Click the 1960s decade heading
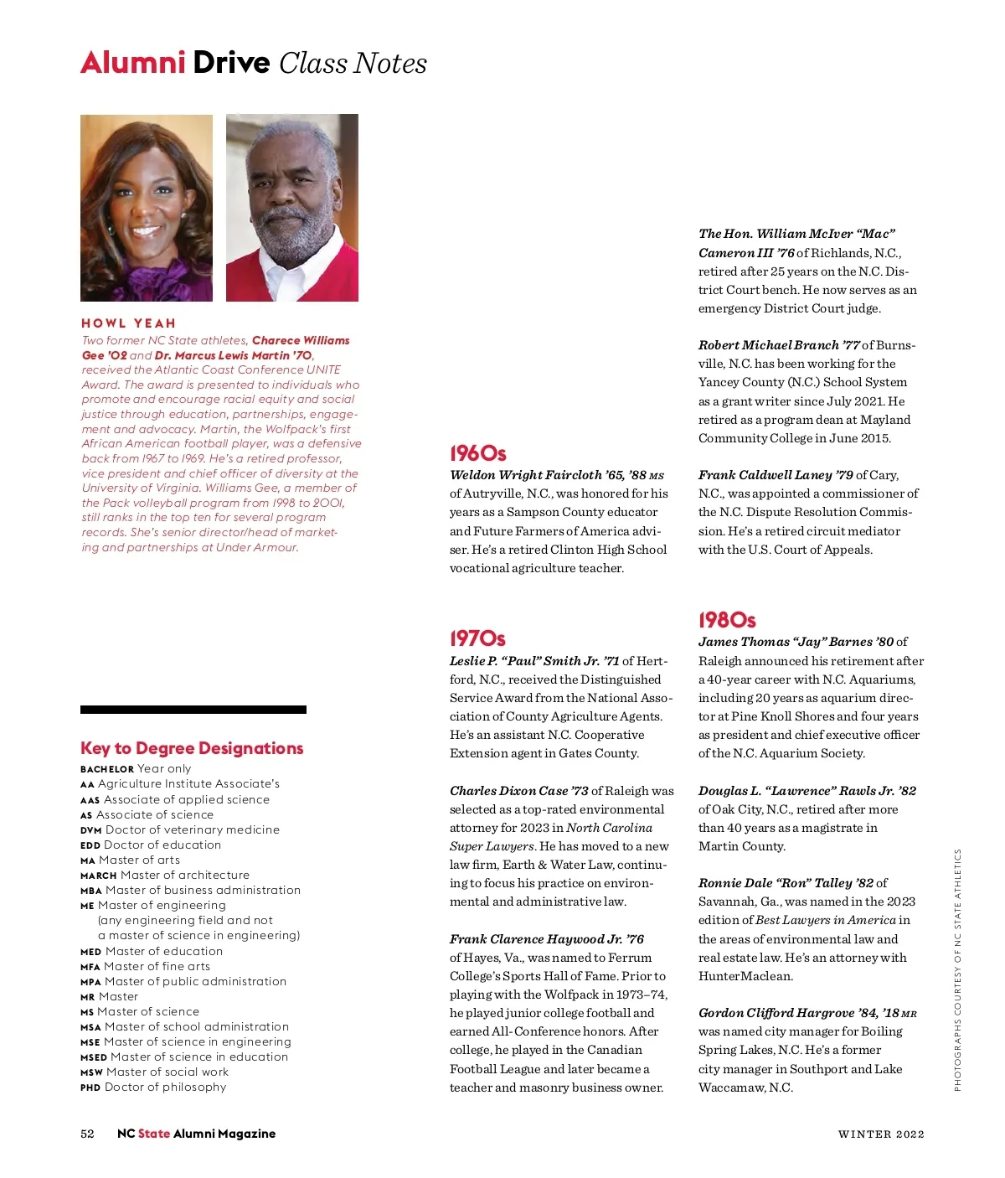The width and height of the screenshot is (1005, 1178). point(477,453)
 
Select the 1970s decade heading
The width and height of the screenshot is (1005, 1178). point(477,638)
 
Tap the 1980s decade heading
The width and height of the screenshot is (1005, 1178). point(727,620)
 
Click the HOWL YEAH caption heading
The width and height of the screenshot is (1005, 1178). point(128,323)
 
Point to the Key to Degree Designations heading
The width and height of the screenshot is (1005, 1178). point(192,748)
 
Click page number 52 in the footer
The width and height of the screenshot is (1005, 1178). point(87,1134)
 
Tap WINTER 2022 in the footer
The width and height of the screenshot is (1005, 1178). point(881,1134)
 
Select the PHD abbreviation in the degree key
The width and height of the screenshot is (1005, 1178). point(90,1088)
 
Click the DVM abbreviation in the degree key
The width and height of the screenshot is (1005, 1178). point(90,830)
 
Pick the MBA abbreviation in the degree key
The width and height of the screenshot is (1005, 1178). point(91,891)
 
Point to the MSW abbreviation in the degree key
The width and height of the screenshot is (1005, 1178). point(91,1072)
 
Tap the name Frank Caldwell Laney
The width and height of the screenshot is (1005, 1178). point(765,475)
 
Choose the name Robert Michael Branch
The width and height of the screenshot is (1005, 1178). point(768,345)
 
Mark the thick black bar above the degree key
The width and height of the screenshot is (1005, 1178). point(193,710)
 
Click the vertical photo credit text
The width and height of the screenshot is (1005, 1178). point(957,969)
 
